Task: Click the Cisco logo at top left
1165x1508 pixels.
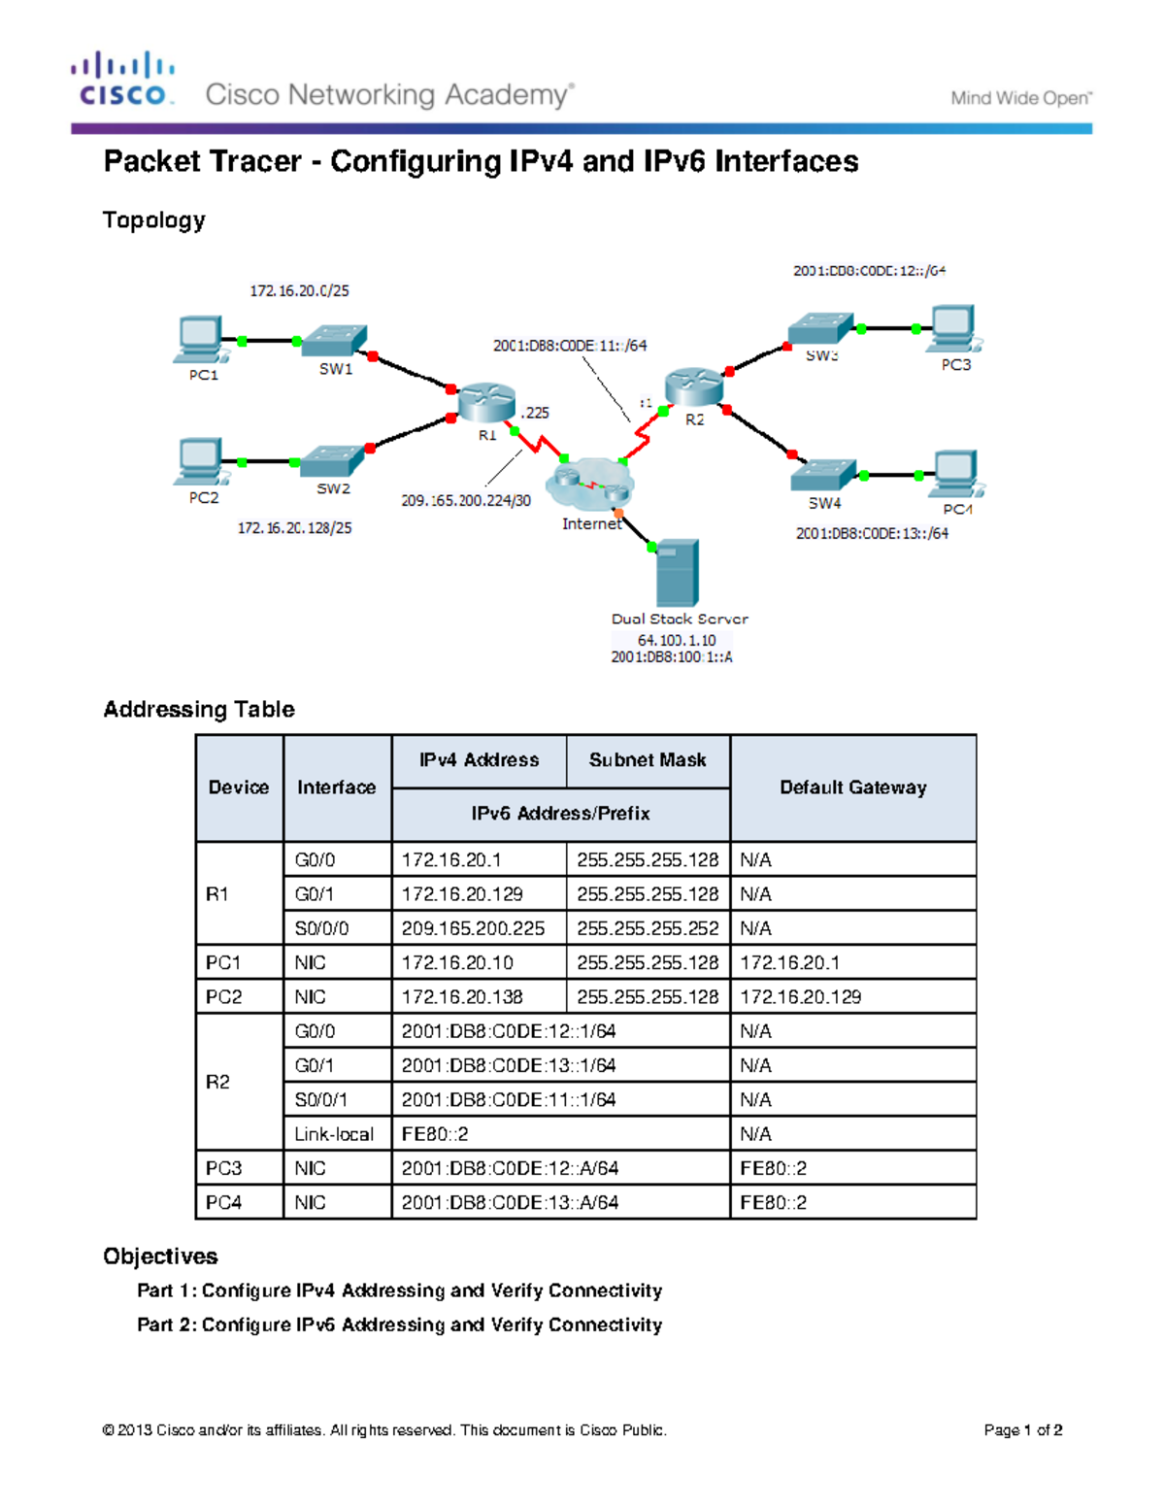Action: [x=122, y=80]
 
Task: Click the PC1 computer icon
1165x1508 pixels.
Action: [x=200, y=339]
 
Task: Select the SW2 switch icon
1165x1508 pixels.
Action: [x=332, y=461]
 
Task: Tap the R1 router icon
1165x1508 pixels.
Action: [x=485, y=401]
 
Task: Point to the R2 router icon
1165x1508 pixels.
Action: [x=693, y=387]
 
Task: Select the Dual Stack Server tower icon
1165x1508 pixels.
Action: [x=677, y=573]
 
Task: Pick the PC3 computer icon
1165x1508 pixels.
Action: [x=953, y=329]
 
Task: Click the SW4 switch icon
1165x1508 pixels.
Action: [x=823, y=474]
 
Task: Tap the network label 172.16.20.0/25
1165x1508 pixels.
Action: [x=299, y=290]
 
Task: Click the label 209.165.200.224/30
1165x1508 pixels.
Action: [x=466, y=501]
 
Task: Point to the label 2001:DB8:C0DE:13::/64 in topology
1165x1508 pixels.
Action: [x=872, y=533]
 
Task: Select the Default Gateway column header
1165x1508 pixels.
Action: [x=852, y=788]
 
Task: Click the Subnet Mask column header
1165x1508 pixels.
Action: [x=648, y=760]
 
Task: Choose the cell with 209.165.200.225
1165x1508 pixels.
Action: [x=474, y=928]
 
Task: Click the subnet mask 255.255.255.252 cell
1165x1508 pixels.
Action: [x=648, y=928]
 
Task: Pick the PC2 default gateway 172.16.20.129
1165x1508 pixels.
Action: [x=801, y=997]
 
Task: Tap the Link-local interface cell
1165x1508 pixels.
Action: [x=334, y=1134]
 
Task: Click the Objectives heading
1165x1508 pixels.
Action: [x=160, y=1257]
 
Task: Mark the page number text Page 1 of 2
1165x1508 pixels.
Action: [x=1022, y=1430]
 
